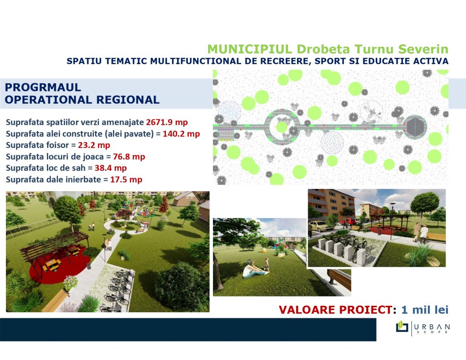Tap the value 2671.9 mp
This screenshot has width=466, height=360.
click(x=167, y=122)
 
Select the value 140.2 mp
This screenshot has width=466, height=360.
click(x=181, y=134)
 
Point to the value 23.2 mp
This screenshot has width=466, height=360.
click(x=94, y=145)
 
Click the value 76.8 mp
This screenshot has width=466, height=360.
click(x=129, y=157)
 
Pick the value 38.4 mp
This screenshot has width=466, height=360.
click(x=111, y=168)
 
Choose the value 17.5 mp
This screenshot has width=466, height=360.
click(x=127, y=180)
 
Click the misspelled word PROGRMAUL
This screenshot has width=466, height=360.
click(x=43, y=87)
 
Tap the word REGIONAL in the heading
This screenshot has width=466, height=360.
click(x=128, y=100)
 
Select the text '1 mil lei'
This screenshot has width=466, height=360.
click(x=425, y=310)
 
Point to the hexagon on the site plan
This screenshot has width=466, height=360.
click(x=415, y=127)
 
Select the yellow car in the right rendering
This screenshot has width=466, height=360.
click(x=321, y=227)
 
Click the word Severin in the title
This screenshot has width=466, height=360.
click(x=423, y=49)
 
